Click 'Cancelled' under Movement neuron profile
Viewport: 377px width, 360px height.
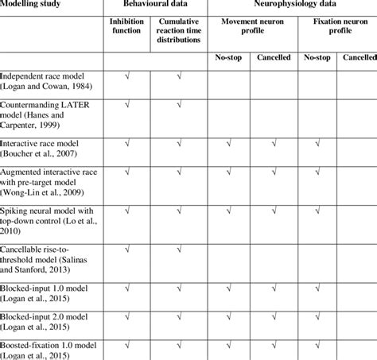(x=274, y=60)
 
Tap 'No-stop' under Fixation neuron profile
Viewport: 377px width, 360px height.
(x=314, y=60)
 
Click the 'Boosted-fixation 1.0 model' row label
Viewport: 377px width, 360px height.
(x=49, y=350)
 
